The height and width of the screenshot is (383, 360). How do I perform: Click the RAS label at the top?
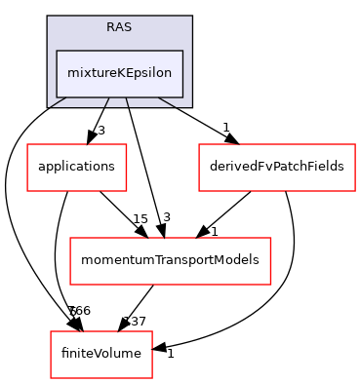pyautogui.click(x=119, y=26)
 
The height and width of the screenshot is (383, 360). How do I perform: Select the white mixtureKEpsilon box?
pyautogui.click(x=119, y=73)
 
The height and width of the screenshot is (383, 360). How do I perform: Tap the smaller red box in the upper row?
pyautogui.click(x=76, y=168)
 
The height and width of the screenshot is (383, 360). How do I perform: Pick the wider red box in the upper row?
pyautogui.click(x=277, y=168)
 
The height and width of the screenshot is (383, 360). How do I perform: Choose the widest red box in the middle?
pyautogui.click(x=170, y=261)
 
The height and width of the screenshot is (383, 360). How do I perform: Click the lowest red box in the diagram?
pyautogui.click(x=101, y=355)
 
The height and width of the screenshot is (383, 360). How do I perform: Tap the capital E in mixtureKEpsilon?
pyautogui.click(x=123, y=73)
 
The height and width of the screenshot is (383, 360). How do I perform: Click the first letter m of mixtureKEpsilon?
pyautogui.click(x=72, y=73)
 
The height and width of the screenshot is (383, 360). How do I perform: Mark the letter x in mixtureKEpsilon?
pyautogui.click(x=84, y=73)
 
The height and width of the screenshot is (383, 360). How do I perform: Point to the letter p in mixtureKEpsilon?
pyautogui.click(x=132, y=74)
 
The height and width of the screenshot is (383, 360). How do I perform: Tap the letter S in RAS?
pyautogui.click(x=128, y=26)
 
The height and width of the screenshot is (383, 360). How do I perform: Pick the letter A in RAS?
pyautogui.click(x=119, y=26)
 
